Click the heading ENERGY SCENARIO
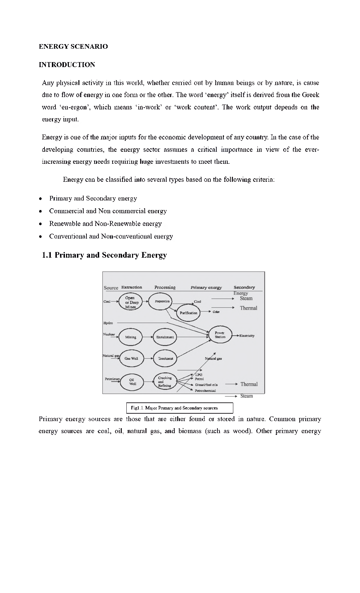73,47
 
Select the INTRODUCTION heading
67,65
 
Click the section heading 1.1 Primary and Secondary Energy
104,255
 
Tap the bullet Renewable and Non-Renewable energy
105,224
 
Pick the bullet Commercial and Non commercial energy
108,211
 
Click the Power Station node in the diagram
220,335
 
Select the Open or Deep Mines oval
130,303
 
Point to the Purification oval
188,313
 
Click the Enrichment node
165,337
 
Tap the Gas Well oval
131,359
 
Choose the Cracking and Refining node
164,382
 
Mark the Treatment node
165,359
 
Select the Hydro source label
108,323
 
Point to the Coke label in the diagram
216,312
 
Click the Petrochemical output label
205,391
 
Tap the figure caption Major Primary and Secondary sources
180,408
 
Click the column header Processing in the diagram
165,287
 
